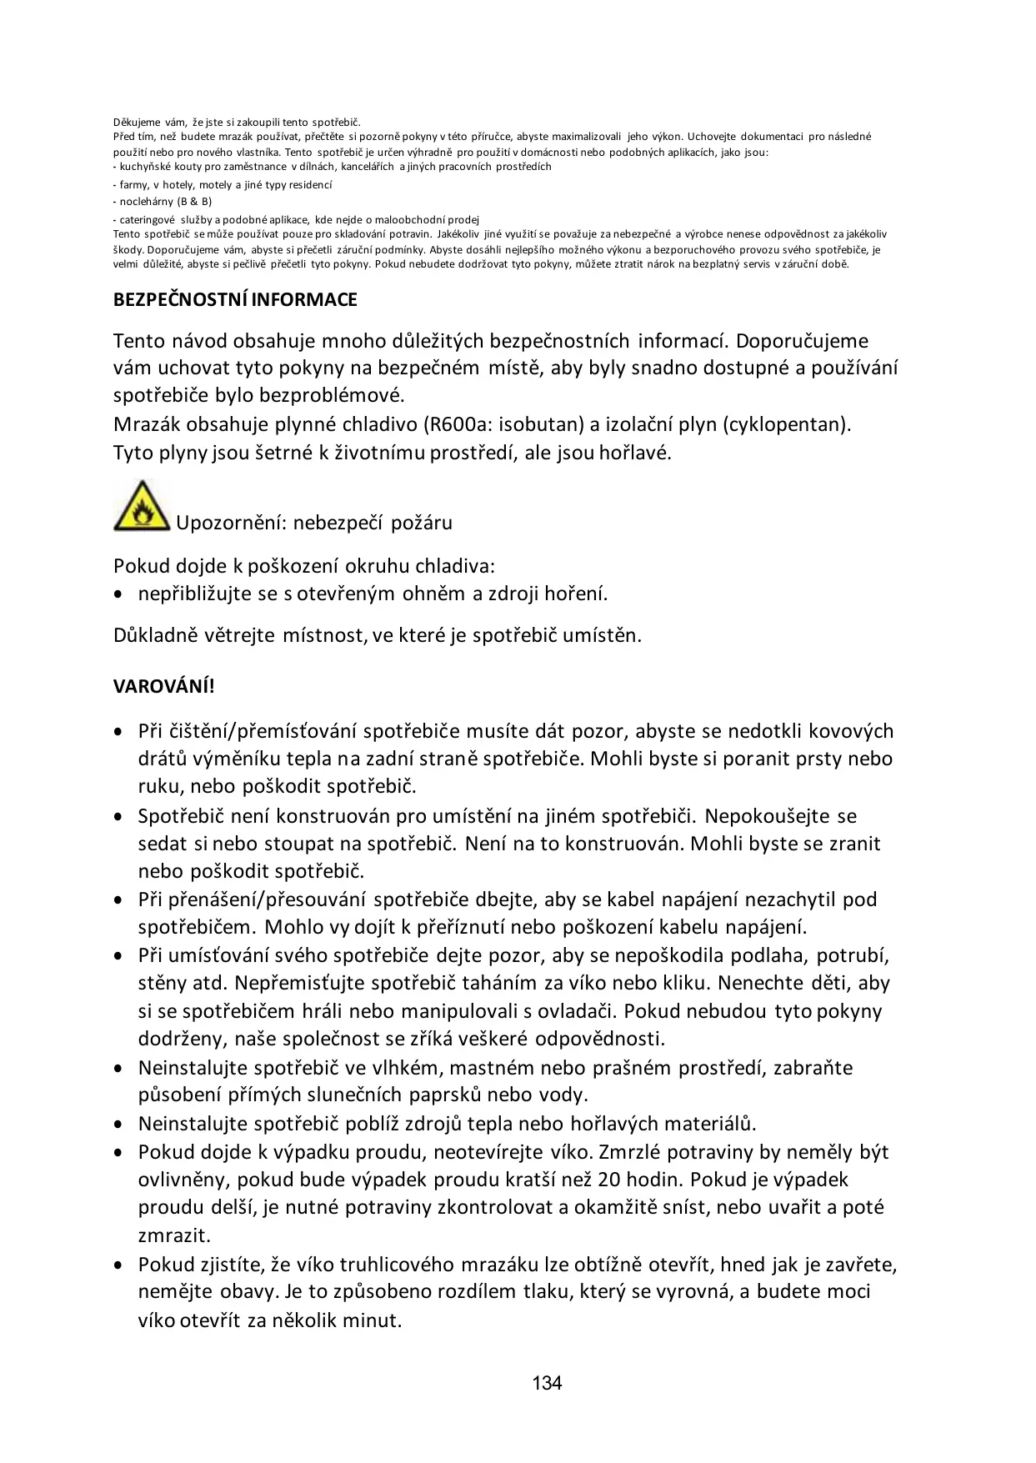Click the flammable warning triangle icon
(x=142, y=506)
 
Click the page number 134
(x=547, y=1384)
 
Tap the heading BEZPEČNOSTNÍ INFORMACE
(x=235, y=300)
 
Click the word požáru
(x=422, y=523)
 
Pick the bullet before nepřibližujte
(x=121, y=594)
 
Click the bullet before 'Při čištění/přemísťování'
(x=121, y=732)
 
